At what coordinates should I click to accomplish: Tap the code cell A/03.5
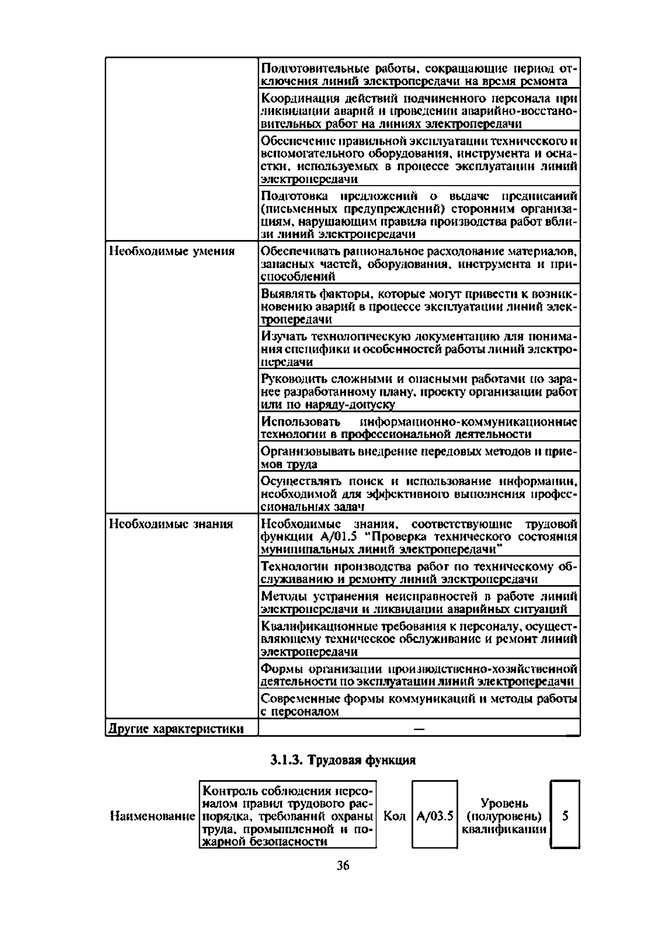coord(435,816)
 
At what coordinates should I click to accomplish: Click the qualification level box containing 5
coord(565,815)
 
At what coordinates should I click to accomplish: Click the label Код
coord(394,816)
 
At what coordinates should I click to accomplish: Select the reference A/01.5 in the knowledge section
coord(338,537)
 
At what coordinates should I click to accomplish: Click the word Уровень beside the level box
coord(504,803)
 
